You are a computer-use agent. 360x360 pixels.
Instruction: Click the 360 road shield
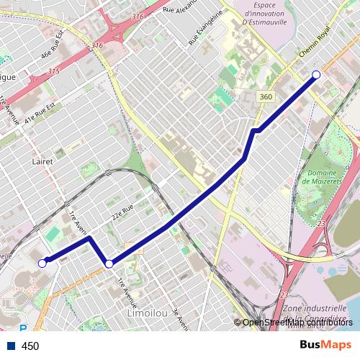point(266,96)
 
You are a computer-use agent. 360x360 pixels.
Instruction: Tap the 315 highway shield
point(54,71)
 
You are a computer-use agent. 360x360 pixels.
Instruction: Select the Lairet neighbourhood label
point(42,161)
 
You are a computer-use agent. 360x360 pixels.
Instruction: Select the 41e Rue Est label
point(40,117)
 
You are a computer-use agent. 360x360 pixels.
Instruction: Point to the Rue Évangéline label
point(202,32)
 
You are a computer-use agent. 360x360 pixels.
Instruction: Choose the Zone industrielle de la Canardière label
point(315,314)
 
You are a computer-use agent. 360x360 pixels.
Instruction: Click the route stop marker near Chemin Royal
point(315,75)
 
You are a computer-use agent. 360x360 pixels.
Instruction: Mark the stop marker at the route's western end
point(42,264)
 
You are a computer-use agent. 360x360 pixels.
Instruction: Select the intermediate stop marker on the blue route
point(109,264)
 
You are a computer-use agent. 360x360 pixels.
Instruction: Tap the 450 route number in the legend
point(30,346)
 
